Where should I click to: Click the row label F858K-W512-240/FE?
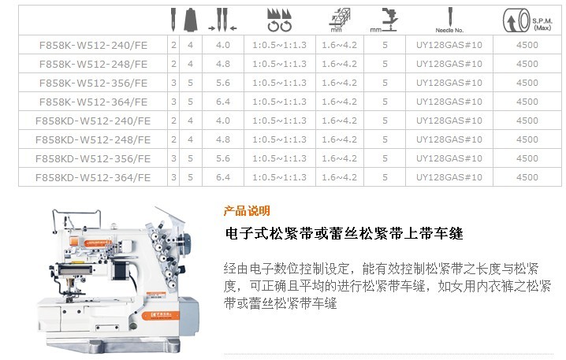pyautogui.click(x=93, y=46)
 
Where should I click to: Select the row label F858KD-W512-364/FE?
pyautogui.click(x=93, y=178)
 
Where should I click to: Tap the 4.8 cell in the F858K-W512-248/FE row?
pyautogui.click(x=223, y=64)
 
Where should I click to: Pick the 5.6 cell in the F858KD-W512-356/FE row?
pyautogui.click(x=223, y=158)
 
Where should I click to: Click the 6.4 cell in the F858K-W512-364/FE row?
pyautogui.click(x=223, y=102)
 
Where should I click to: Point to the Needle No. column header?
pyautogui.click(x=449, y=30)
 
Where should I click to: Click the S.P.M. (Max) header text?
pyautogui.click(x=542, y=24)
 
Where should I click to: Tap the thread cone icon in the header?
pyautogui.click(x=190, y=20)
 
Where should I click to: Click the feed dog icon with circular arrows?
pyautogui.click(x=279, y=20)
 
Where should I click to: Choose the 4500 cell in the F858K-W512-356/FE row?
pyautogui.click(x=527, y=83)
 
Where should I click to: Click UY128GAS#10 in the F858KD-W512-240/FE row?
pyautogui.click(x=449, y=121)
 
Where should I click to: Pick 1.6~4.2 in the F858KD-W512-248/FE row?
pyautogui.click(x=339, y=139)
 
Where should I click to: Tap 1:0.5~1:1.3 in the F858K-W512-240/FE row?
pyautogui.click(x=279, y=45)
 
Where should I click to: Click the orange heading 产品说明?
pyautogui.click(x=247, y=211)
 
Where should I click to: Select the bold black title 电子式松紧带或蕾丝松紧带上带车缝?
pyautogui.click(x=344, y=233)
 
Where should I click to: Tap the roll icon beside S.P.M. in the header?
pyautogui.click(x=516, y=20)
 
